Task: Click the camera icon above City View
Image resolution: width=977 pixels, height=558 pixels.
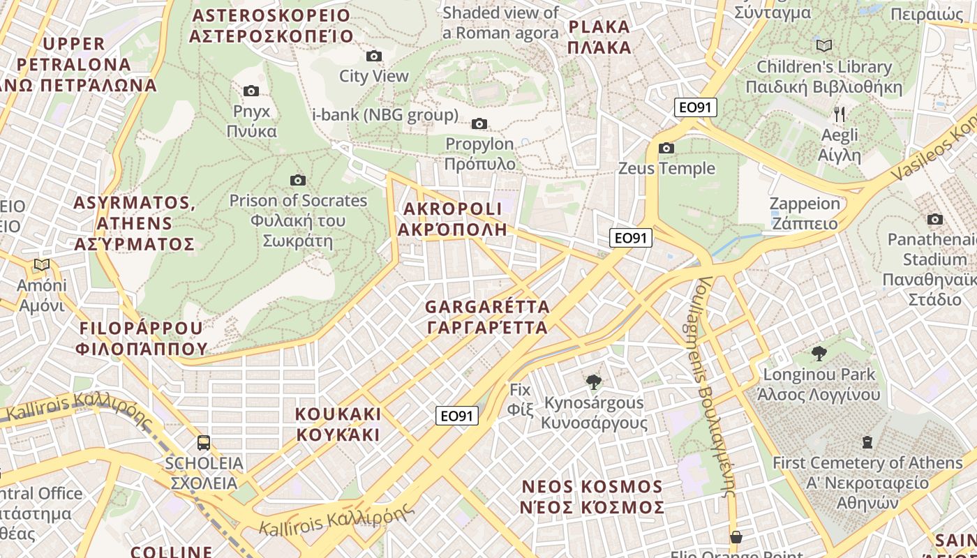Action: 374,56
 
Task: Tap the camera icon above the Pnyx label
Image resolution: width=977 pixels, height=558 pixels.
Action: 251,91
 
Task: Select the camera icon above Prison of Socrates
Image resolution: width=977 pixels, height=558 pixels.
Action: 298,180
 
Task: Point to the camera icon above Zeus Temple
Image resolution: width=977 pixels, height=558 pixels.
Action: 666,148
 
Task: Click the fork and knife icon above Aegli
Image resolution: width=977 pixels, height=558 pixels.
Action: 840,114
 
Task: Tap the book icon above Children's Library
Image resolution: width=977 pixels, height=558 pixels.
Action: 824,45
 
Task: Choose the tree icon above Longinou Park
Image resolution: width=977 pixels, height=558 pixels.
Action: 819,354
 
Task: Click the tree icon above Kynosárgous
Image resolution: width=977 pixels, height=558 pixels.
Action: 594,382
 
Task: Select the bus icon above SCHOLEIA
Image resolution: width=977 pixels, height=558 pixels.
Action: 204,442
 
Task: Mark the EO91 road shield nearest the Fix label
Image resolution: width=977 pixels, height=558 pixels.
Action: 457,416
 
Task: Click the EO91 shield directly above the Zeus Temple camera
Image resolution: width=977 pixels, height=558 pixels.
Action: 696,107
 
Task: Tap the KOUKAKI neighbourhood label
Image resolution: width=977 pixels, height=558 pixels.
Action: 338,424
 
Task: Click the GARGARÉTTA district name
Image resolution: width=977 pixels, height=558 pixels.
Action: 487,317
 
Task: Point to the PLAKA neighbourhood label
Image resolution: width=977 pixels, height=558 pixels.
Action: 599,38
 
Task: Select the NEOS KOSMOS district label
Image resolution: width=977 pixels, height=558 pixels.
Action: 592,497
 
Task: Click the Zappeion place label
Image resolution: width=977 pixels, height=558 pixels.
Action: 804,213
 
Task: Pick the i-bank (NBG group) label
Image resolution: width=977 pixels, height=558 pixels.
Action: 385,115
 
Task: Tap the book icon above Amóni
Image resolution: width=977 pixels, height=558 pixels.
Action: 42,264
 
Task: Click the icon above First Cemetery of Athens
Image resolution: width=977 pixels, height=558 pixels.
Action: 867,442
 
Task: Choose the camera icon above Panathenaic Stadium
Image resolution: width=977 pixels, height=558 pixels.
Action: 934,220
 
